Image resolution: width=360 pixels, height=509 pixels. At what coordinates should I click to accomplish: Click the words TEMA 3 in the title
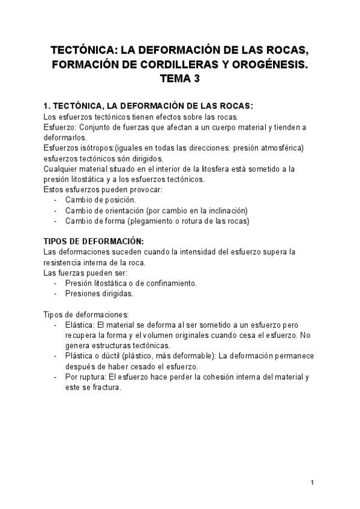(180, 78)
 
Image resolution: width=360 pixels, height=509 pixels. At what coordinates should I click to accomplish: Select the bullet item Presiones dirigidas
(100, 293)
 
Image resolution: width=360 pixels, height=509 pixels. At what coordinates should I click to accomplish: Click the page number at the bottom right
(313, 483)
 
